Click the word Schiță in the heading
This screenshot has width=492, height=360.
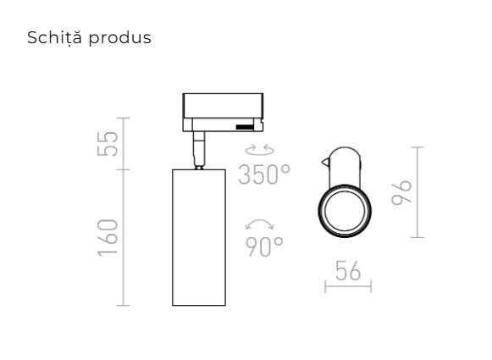click(x=54, y=38)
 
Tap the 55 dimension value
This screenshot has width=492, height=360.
click(x=108, y=143)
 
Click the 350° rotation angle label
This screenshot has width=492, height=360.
click(x=264, y=174)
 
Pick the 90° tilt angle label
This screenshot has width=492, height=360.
click(x=265, y=246)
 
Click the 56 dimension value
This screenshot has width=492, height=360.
click(x=348, y=272)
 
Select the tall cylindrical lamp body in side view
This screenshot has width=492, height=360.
click(x=198, y=237)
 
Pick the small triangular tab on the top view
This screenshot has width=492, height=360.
click(x=326, y=159)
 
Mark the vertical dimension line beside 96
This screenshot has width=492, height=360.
click(x=418, y=192)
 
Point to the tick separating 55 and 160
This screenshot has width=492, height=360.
click(x=124, y=169)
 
